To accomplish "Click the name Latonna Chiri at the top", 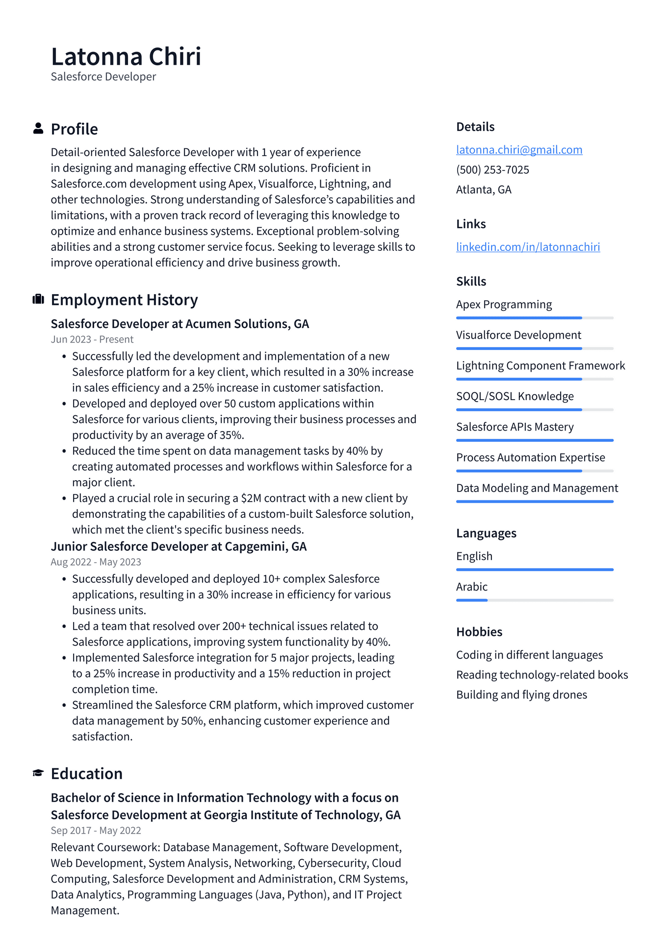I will tap(126, 56).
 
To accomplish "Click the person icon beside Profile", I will tap(38, 129).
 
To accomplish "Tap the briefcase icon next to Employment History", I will tap(38, 299).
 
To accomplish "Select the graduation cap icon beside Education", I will tap(38, 773).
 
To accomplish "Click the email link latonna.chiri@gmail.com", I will tap(519, 150).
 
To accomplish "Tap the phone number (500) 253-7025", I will tap(492, 170).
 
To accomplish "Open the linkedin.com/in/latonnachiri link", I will tap(528, 247).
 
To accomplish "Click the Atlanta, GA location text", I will tap(484, 190).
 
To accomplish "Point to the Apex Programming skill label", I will tap(504, 304).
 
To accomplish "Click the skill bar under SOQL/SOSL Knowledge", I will tap(535, 409).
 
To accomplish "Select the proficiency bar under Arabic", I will tap(535, 600).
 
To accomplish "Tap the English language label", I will tap(474, 556).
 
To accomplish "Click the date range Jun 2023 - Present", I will tap(92, 339).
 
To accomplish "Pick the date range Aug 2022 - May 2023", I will tap(96, 562).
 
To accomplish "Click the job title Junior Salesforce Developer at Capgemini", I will tap(179, 546).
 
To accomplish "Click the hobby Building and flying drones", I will tap(521, 695).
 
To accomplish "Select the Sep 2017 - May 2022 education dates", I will tap(96, 831).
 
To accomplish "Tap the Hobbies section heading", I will tap(479, 632).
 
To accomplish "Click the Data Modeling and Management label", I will tap(537, 488).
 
